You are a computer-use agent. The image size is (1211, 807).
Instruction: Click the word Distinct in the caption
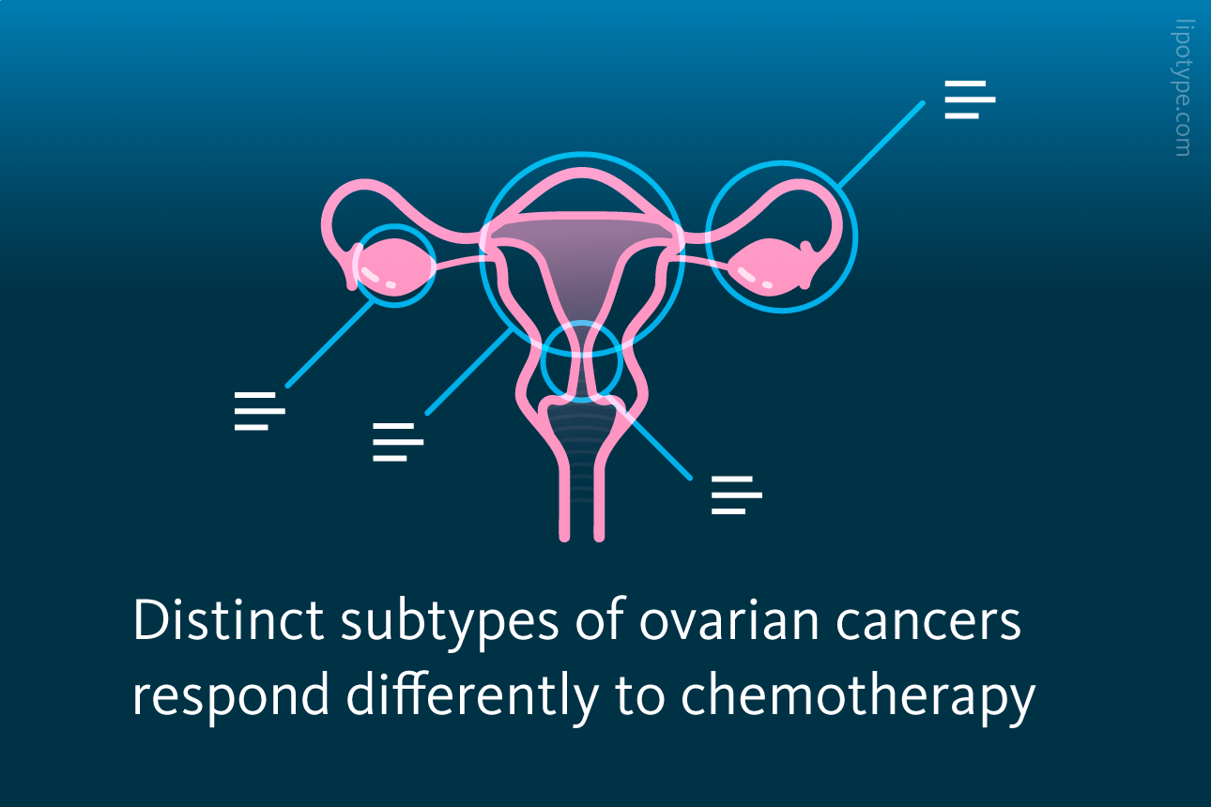tap(229, 619)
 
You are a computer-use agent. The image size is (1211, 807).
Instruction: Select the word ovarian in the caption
tap(729, 621)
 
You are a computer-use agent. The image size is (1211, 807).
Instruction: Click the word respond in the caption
tap(231, 697)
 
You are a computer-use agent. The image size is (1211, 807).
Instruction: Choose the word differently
tap(472, 697)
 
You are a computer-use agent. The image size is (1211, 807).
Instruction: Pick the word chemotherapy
tap(858, 697)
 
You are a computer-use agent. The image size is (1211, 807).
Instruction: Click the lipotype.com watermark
tap(1183, 88)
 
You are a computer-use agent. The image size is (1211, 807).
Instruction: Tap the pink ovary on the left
tap(394, 266)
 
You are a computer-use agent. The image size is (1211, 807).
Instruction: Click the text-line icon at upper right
tap(970, 99)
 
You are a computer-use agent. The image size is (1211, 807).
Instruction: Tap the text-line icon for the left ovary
tap(259, 411)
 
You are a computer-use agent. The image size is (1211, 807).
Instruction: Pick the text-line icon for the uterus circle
tap(398, 442)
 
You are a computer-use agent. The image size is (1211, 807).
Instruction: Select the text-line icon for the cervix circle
tap(736, 495)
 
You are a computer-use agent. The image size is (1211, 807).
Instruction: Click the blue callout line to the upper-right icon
tap(881, 145)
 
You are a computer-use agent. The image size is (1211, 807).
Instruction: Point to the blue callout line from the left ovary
tap(330, 344)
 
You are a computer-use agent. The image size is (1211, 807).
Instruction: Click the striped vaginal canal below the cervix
tap(581, 449)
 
